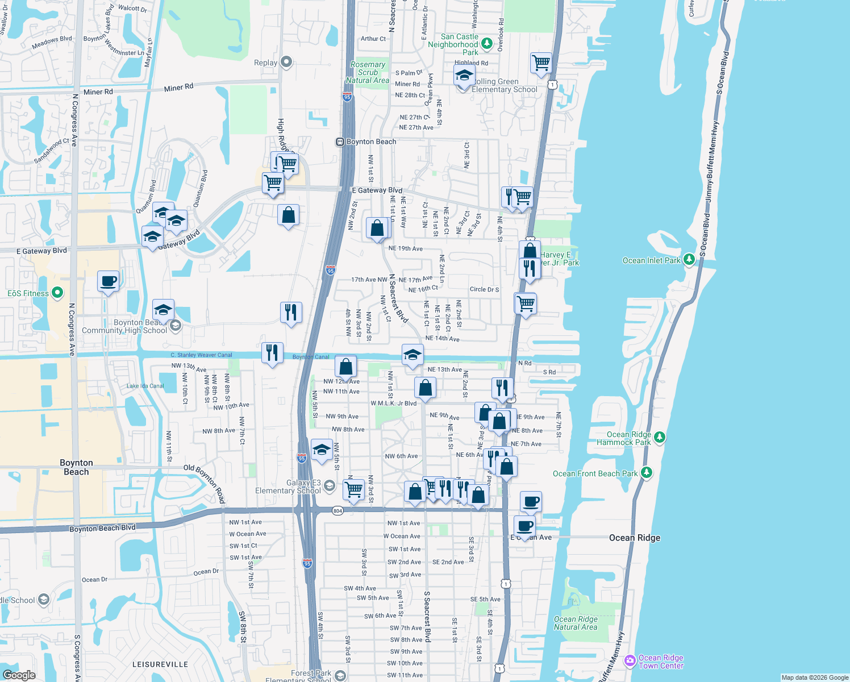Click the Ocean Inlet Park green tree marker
click(689, 260)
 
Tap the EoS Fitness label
click(28, 293)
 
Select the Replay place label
click(265, 63)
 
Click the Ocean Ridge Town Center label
click(661, 662)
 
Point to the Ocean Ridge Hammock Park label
click(629, 438)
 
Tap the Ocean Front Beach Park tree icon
click(646, 472)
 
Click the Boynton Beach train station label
click(371, 142)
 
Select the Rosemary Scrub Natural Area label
click(368, 73)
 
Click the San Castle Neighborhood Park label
click(453, 44)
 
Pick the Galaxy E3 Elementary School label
click(288, 486)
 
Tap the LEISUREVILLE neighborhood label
click(160, 664)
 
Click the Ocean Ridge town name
click(635, 538)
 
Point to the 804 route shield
click(338, 511)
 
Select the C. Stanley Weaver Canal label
click(201, 355)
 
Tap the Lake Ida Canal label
click(145, 386)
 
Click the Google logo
click(19, 675)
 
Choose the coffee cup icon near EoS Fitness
click(108, 281)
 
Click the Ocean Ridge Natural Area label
click(576, 623)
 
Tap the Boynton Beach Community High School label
click(124, 326)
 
